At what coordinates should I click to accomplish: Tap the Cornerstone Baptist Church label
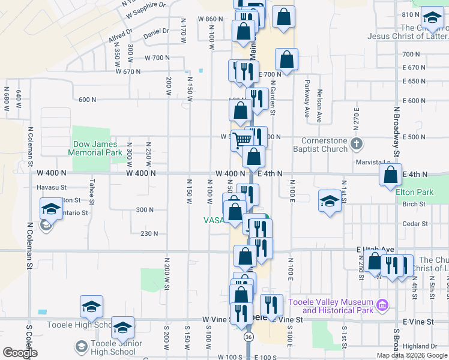point(324,145)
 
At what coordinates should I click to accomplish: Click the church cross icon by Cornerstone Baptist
point(357,143)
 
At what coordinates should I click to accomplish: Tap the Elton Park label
point(414,193)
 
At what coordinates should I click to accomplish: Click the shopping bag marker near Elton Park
point(391,175)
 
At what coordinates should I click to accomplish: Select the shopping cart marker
point(241,140)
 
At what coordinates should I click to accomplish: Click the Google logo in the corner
point(20,353)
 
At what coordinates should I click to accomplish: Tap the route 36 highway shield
point(248,338)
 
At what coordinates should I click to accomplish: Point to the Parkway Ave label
point(306,98)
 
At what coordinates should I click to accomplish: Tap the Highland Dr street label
point(420,346)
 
